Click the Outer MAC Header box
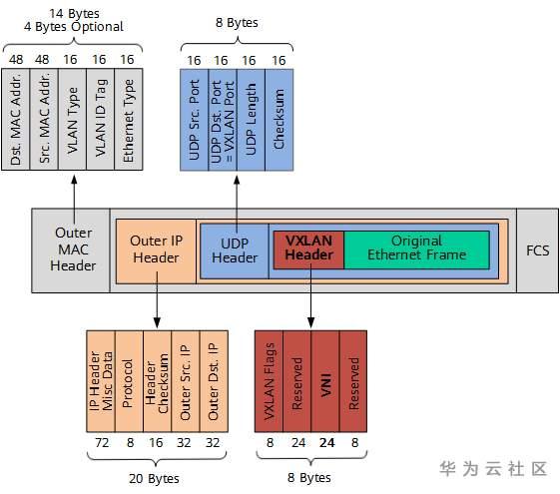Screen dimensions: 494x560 [73, 249]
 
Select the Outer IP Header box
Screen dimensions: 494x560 [156, 249]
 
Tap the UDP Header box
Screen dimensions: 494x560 [235, 249]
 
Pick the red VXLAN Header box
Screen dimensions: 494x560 [308, 248]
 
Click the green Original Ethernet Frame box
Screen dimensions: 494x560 [416, 248]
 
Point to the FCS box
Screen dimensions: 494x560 [537, 249]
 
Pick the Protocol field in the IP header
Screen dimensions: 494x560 [128, 379]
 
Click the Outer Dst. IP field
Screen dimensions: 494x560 [212, 379]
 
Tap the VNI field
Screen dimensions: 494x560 [324, 379]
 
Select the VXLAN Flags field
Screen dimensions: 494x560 [269, 379]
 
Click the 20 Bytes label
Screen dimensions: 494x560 [155, 479]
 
